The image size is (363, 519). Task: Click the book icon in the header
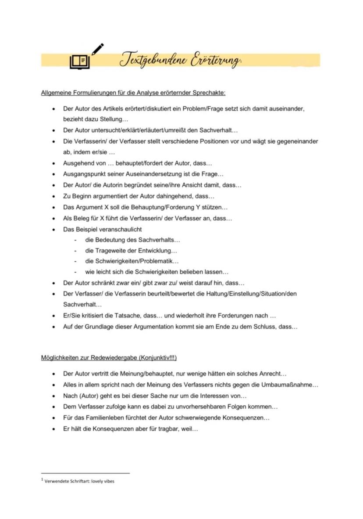79,61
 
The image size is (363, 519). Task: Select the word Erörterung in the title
215,61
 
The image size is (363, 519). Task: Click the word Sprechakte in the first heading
210,93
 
